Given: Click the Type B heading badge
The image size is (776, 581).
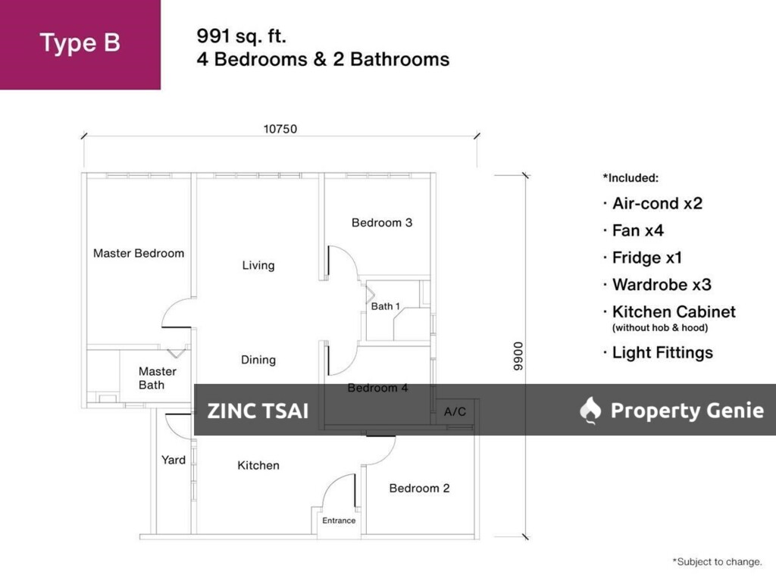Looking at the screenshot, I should pyautogui.click(x=80, y=43).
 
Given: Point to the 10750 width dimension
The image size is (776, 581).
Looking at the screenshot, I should pyautogui.click(x=280, y=129).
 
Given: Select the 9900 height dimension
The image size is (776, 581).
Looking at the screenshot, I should pyautogui.click(x=518, y=356).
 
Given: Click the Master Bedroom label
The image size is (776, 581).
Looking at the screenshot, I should pyautogui.click(x=139, y=253).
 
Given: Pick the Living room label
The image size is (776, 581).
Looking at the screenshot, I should pyautogui.click(x=258, y=265).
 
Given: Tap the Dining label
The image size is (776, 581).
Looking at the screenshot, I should pyautogui.click(x=258, y=360).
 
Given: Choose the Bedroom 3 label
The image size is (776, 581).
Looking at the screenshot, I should pyautogui.click(x=382, y=223).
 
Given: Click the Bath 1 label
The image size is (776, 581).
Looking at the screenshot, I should pyautogui.click(x=386, y=306).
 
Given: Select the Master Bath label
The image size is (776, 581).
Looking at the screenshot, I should pyautogui.click(x=157, y=378).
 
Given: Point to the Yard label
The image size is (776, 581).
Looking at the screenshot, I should pyautogui.click(x=174, y=460).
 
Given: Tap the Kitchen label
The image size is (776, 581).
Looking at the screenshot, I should pyautogui.click(x=258, y=465).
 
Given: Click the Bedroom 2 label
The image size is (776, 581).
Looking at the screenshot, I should pyautogui.click(x=419, y=488).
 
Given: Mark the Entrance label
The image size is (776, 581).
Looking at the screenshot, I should pyautogui.click(x=339, y=520).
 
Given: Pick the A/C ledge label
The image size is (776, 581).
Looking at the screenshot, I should pyautogui.click(x=455, y=411).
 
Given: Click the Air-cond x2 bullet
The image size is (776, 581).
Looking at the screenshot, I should pyautogui.click(x=657, y=203).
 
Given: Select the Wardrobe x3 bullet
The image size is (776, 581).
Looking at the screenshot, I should pyautogui.click(x=661, y=285).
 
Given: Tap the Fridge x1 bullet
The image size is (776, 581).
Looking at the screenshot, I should pyautogui.click(x=647, y=258).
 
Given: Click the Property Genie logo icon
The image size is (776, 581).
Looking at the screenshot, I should pyautogui.click(x=590, y=410).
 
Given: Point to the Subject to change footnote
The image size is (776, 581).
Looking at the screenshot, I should pyautogui.click(x=717, y=562).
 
